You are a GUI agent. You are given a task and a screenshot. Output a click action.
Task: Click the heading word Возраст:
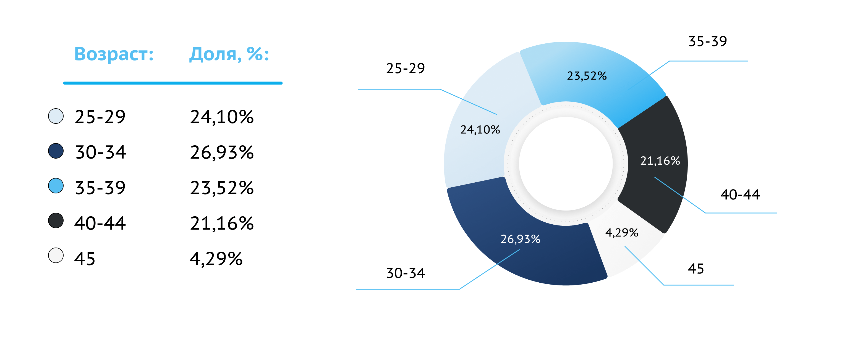[x=114, y=54]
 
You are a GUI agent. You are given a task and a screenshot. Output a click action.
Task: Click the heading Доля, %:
[x=229, y=54]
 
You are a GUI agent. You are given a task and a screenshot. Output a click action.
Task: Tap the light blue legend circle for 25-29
[x=56, y=116]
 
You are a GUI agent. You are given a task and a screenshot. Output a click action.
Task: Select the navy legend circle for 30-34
[x=56, y=151]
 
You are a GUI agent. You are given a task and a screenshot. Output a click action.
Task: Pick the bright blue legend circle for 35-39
[x=56, y=186]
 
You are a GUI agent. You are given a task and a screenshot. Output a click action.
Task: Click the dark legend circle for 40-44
[x=56, y=220]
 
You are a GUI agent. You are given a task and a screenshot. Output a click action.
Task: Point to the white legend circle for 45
[x=56, y=256]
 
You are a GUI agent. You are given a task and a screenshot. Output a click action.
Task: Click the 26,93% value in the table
[x=222, y=153]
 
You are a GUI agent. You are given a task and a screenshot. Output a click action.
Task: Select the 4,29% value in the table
[x=216, y=259]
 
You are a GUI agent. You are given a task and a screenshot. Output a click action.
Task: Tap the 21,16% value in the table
[x=222, y=224]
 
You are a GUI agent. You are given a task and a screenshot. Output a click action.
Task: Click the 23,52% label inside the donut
[x=587, y=76]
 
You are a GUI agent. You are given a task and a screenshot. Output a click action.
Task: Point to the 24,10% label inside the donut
[x=480, y=130]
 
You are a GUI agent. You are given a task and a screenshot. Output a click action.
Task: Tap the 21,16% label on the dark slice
[x=660, y=161]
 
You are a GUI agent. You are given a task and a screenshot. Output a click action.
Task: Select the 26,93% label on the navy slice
[x=521, y=239]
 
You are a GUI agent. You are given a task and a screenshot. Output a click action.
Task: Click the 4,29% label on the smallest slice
[x=622, y=233]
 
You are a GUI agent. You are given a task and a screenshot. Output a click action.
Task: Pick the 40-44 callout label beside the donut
[x=740, y=195]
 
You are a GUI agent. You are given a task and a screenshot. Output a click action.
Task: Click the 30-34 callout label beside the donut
[x=406, y=273]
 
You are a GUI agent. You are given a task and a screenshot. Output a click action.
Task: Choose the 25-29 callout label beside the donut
[x=406, y=69]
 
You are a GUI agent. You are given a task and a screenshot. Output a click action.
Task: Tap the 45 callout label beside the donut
[x=696, y=269]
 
